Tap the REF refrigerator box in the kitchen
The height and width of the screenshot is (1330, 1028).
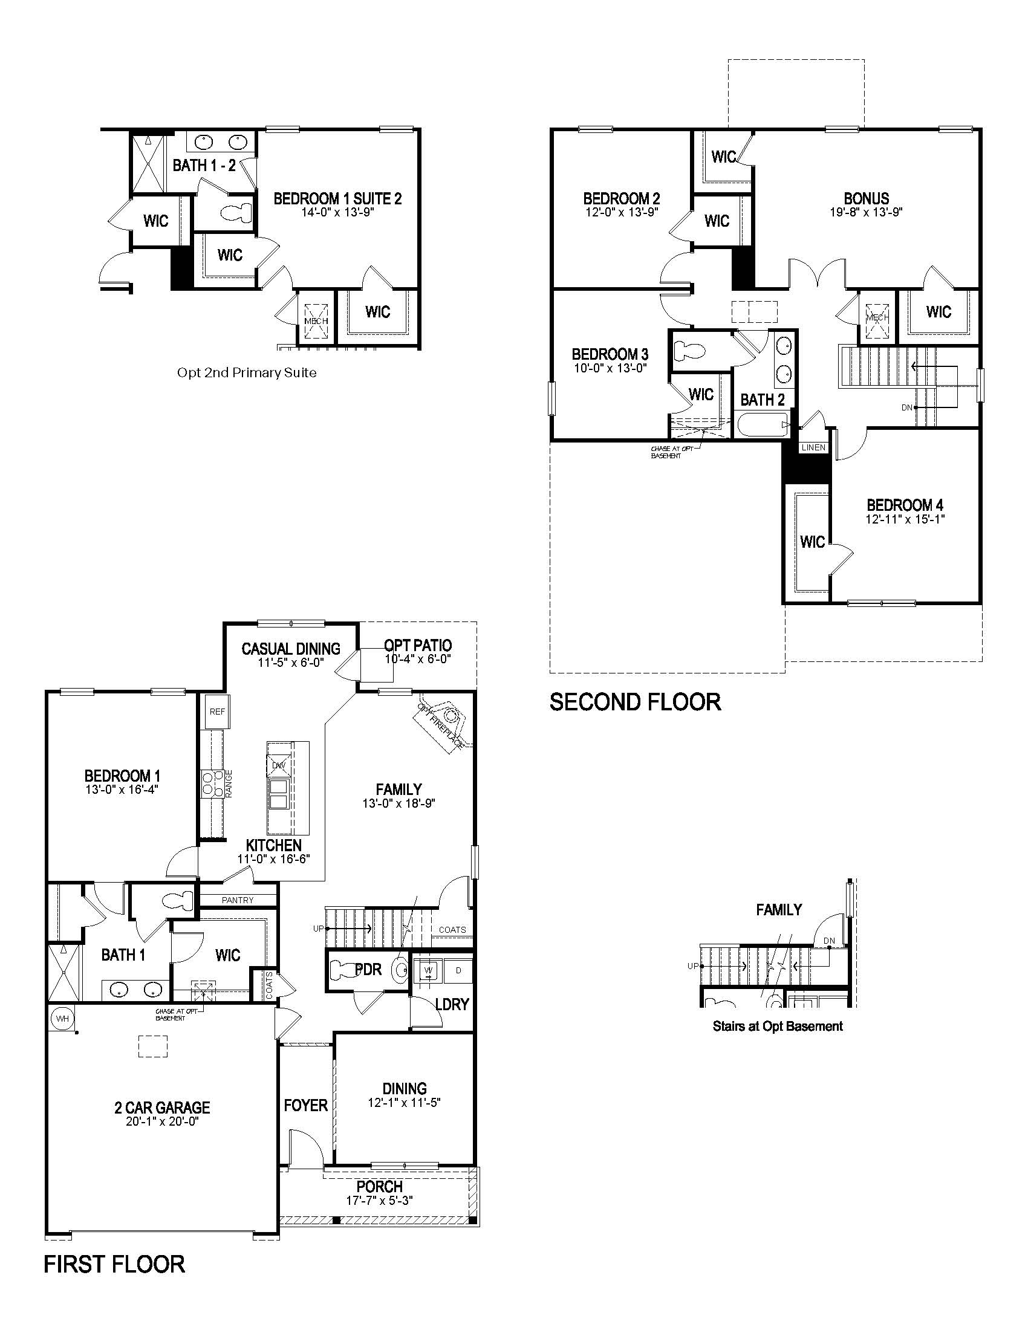[217, 712]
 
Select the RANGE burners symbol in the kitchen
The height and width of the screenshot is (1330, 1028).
[210, 783]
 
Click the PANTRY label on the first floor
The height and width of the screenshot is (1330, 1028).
[238, 900]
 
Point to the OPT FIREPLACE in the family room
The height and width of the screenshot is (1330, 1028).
[443, 725]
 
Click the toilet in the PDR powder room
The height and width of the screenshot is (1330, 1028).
[345, 969]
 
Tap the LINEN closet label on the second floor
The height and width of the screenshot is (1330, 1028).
[813, 447]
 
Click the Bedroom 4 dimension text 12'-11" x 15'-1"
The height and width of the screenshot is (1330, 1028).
[905, 519]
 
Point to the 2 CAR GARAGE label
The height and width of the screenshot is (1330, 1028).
[162, 1108]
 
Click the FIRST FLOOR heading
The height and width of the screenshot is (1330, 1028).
[114, 1264]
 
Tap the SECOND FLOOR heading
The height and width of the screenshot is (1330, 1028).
[635, 702]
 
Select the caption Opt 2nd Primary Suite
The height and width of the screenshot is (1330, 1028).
[247, 372]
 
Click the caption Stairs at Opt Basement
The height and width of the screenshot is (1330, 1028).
[778, 1026]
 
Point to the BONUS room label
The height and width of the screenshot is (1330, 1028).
[866, 198]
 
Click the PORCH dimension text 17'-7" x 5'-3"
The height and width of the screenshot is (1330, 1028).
[379, 1200]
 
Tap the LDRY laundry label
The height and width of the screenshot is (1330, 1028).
[451, 1004]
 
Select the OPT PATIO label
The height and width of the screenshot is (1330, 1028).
[418, 645]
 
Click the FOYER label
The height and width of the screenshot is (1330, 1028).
[306, 1105]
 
